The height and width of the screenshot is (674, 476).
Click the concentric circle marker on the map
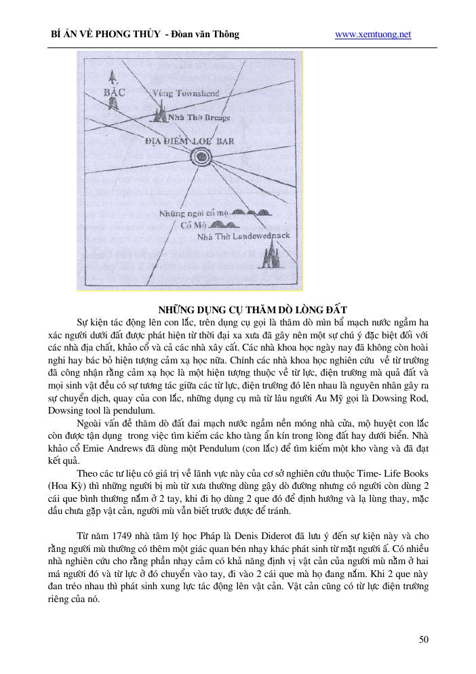[201, 157]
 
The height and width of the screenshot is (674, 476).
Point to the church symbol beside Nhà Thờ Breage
[161, 113]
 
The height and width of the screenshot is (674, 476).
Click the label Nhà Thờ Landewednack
[243, 237]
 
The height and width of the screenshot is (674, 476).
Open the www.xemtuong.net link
[373, 34]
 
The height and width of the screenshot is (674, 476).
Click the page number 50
[424, 639]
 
